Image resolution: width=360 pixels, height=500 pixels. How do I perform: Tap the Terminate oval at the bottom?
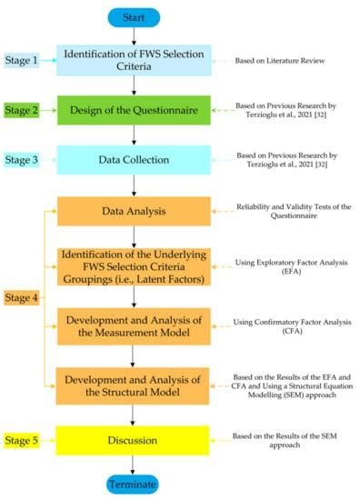click(135, 483)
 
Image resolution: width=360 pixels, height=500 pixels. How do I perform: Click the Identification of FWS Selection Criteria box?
click(135, 60)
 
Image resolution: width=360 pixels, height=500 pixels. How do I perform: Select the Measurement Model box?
click(135, 323)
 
